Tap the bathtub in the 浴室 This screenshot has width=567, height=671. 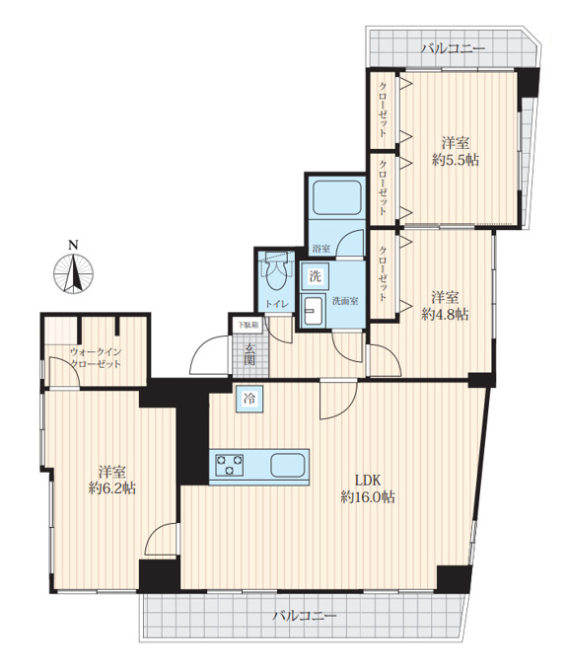(x=337, y=197)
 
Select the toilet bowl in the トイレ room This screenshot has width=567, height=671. (x=275, y=274)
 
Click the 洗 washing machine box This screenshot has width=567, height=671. (x=316, y=276)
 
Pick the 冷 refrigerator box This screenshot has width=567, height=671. (x=248, y=399)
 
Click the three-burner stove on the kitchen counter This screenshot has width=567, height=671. (x=230, y=465)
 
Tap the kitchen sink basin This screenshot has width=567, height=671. (x=288, y=465)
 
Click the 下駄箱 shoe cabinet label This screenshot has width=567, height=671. (x=248, y=325)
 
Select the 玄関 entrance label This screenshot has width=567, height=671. (x=248, y=354)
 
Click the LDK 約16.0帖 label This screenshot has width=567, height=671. (x=368, y=488)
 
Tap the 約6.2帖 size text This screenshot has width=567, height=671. (x=112, y=487)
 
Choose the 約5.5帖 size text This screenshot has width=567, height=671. (x=456, y=160)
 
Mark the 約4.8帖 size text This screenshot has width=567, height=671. (x=445, y=315)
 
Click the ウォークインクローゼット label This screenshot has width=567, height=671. (x=96, y=358)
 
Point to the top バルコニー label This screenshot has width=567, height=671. (x=454, y=48)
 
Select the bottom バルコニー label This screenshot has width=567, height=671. (x=305, y=616)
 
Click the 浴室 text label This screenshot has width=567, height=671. (x=321, y=249)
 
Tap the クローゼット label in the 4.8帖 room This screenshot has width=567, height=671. (x=384, y=273)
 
